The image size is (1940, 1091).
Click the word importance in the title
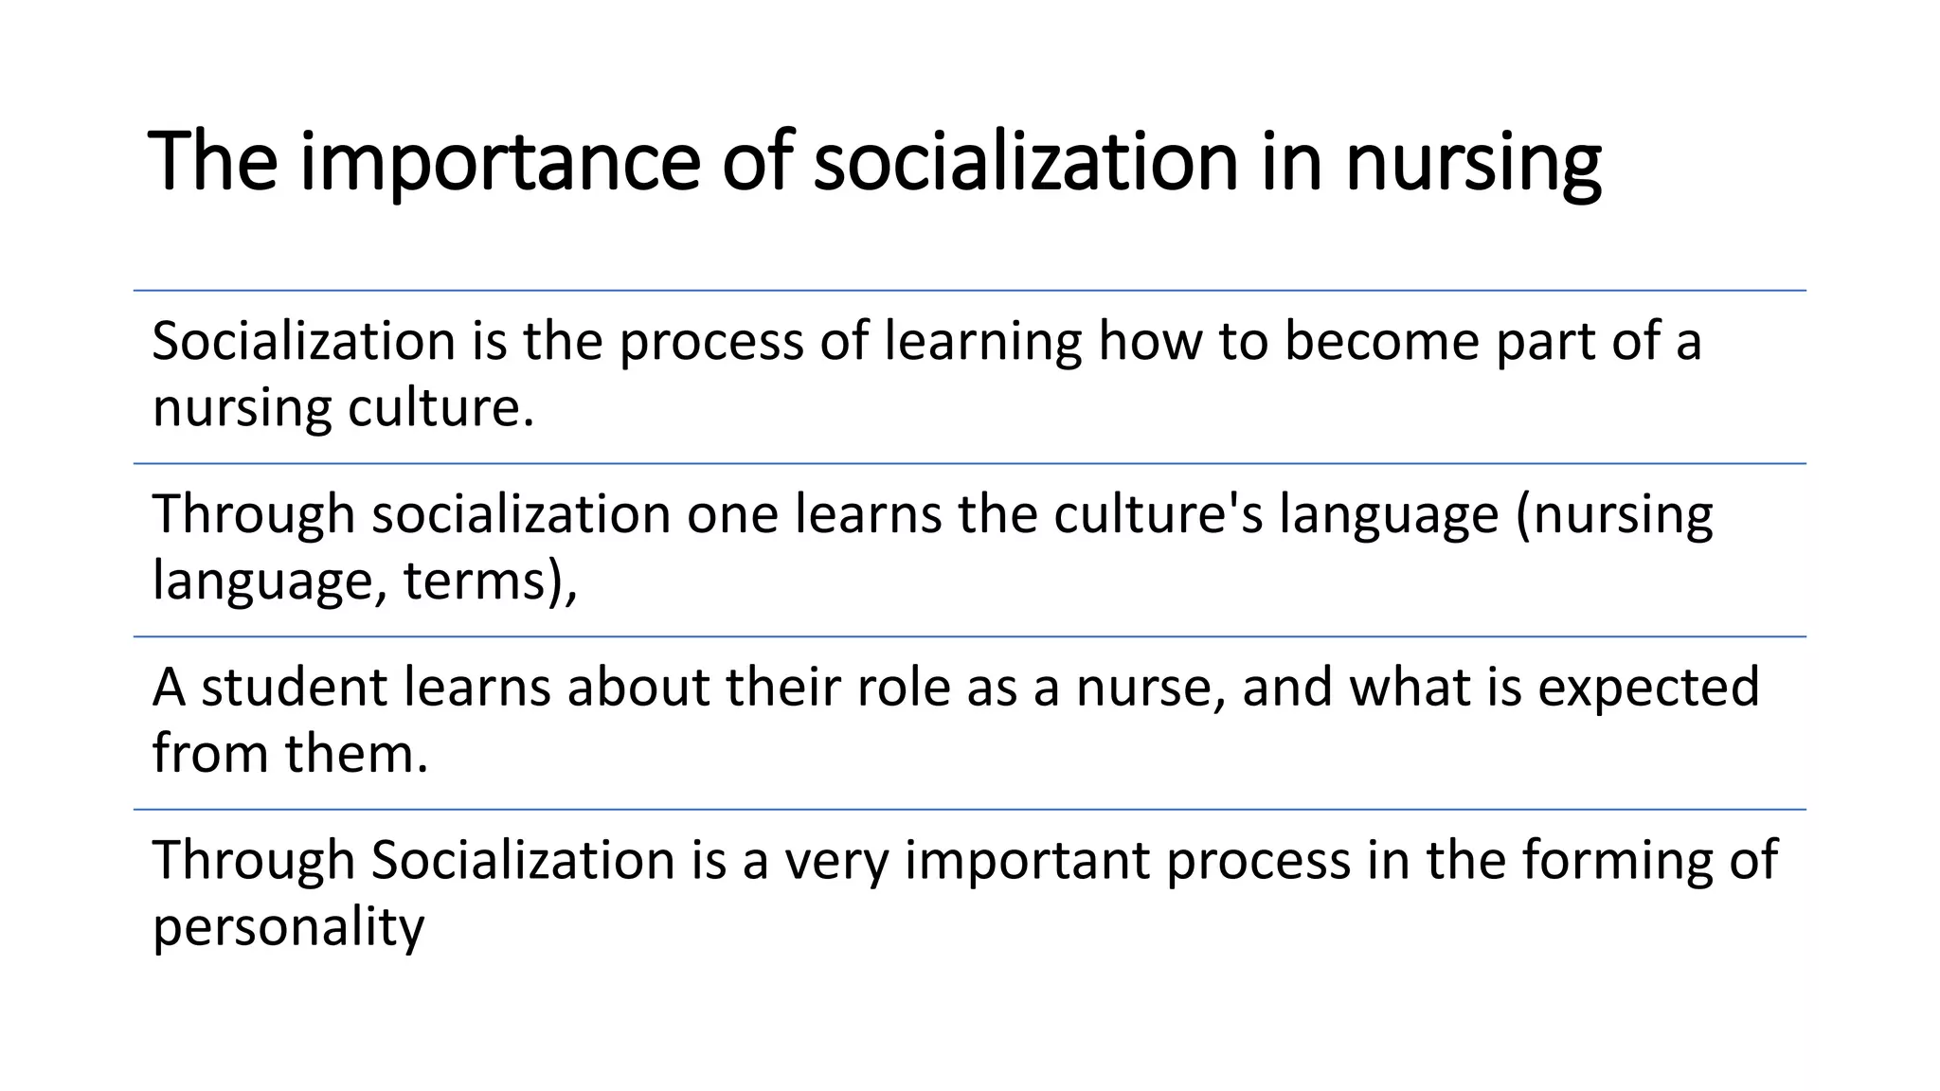pyautogui.click(x=500, y=163)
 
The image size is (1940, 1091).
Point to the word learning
pyautogui.click(x=982, y=343)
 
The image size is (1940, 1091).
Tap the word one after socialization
pyautogui.click(x=732, y=514)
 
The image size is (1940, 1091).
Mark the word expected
pyautogui.click(x=1648, y=689)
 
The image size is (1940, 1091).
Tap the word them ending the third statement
pyautogui.click(x=356, y=754)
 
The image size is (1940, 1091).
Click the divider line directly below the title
pyautogui.click(x=970, y=291)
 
